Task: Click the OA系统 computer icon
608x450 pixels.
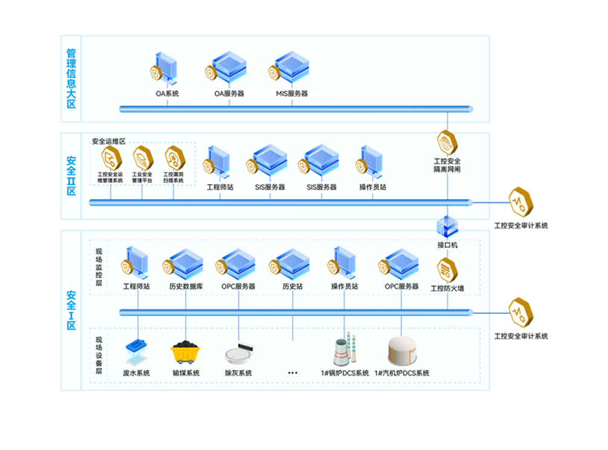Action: click(x=164, y=69)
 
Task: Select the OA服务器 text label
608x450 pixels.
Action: click(x=229, y=94)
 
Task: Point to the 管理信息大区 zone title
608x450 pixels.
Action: click(x=71, y=78)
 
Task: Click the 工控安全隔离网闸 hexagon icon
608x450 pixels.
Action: click(x=448, y=143)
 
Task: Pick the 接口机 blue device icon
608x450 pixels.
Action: click(x=448, y=227)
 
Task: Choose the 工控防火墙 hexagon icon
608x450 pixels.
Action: click(x=448, y=270)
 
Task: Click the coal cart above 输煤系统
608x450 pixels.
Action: click(x=186, y=352)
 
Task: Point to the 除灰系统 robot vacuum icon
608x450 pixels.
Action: click(x=238, y=354)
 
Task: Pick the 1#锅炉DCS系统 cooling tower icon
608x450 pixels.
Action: click(x=344, y=350)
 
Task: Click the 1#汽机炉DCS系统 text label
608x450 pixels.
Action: click(x=401, y=373)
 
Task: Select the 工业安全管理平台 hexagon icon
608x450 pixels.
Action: click(x=142, y=158)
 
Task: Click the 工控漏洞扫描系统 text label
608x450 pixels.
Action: click(x=174, y=177)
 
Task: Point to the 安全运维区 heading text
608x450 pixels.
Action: click(x=108, y=141)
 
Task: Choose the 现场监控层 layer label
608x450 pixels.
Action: click(x=99, y=266)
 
